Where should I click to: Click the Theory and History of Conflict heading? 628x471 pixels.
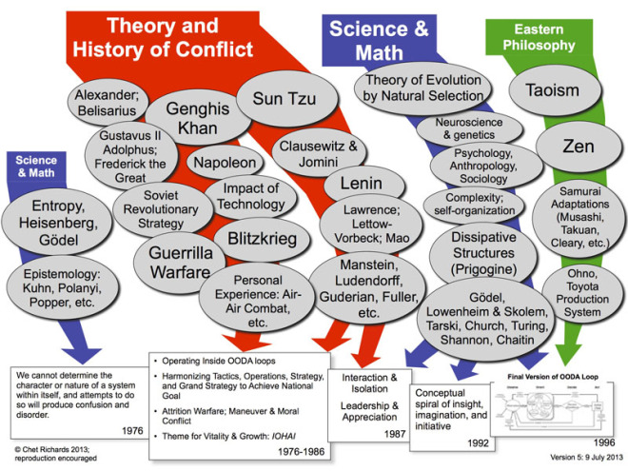179,37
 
